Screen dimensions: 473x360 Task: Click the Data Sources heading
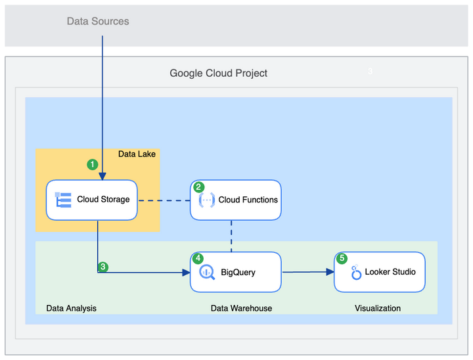point(98,21)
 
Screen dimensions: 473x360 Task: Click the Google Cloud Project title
point(218,73)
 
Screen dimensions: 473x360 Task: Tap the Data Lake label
point(137,154)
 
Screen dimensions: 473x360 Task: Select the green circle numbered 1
point(93,164)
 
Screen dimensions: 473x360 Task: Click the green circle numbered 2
point(198,187)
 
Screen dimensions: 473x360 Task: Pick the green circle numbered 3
point(103,267)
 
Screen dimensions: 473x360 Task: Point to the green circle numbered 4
point(198,258)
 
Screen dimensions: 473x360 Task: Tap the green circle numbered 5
point(342,258)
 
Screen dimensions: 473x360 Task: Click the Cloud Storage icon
point(63,200)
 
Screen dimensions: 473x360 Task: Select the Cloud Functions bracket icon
point(207,200)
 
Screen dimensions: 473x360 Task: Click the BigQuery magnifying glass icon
point(207,272)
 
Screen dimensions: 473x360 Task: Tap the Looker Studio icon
point(356,272)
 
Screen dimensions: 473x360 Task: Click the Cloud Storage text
point(103,199)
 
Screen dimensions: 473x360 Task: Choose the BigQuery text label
point(238,272)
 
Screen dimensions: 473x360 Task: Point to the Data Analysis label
point(71,308)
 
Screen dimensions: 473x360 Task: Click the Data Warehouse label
point(241,308)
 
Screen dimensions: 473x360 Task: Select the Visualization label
point(378,308)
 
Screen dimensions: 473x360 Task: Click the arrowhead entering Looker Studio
point(330,272)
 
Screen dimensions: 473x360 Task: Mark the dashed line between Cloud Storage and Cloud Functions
point(164,200)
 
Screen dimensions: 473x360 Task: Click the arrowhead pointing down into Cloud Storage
point(102,176)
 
